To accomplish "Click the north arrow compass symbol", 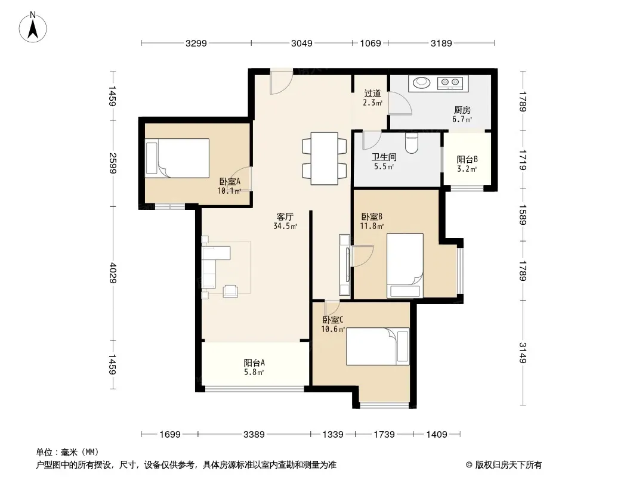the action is tap(33, 27).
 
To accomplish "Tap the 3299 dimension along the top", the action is tap(196, 44).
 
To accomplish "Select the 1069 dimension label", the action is tap(371, 44).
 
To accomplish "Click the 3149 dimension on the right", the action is tap(523, 352).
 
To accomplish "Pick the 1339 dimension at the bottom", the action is tap(332, 435).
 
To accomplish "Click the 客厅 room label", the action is tap(285, 217).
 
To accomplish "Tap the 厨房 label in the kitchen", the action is tap(462, 110).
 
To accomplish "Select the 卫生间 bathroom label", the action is tap(384, 157).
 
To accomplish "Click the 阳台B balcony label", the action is tap(467, 159).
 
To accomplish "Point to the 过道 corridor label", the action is tap(372, 93).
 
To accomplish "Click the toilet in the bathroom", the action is tap(411, 144).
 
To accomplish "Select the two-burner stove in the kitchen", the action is tap(450, 83).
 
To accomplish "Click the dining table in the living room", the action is tap(324, 159).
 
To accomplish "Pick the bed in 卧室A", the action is tap(177, 158).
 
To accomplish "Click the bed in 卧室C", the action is tap(378, 346).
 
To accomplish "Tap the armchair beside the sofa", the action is tap(230, 291).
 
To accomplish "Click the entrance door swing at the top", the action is tap(281, 83).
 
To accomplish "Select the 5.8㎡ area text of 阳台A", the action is tap(254, 372).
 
